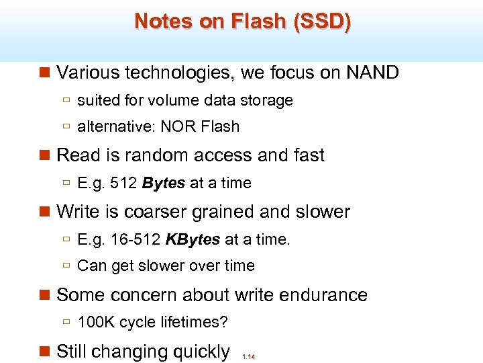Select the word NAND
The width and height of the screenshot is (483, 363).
click(372, 72)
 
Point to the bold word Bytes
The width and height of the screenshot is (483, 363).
click(164, 183)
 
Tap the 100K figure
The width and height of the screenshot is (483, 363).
click(96, 323)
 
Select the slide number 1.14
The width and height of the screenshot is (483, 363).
click(248, 357)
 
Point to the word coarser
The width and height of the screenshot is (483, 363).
click(154, 212)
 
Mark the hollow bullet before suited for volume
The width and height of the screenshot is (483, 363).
click(66, 101)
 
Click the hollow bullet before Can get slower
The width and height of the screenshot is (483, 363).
click(66, 266)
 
